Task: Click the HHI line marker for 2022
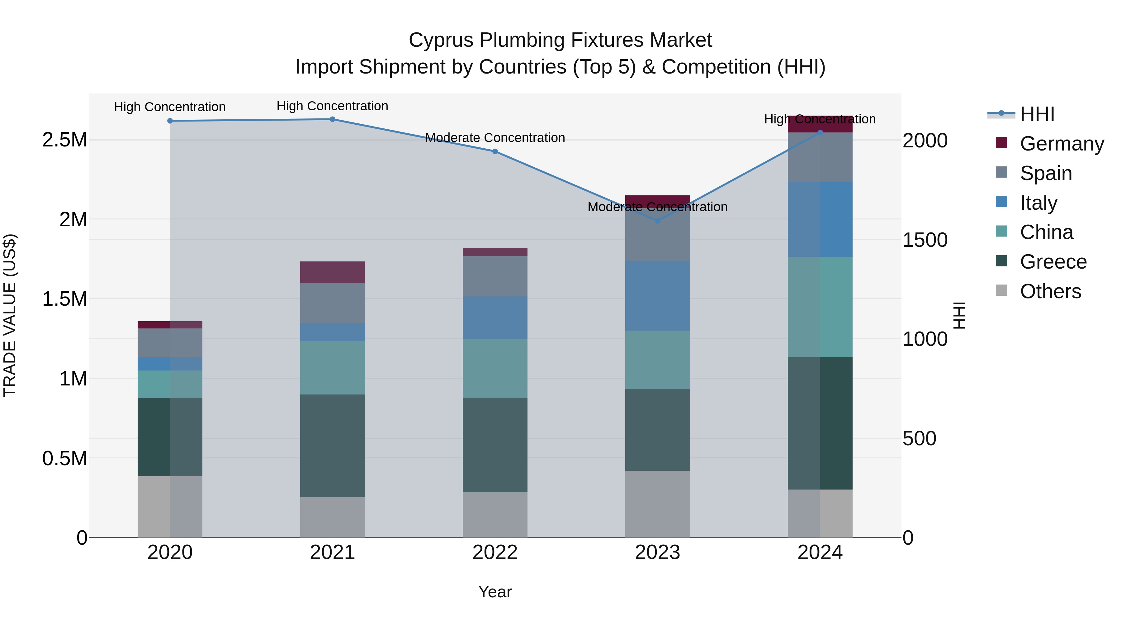495,151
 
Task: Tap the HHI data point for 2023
658,221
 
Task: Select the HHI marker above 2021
333,119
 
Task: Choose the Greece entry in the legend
1053,262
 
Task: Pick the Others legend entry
1050,291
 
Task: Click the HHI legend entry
1037,114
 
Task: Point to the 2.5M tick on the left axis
64,140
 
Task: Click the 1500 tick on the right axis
925,240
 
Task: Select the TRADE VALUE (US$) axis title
10,315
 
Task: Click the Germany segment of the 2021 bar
333,272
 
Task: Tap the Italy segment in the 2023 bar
658,296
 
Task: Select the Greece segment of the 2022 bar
495,445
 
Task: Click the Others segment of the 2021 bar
333,517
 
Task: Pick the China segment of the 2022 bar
495,368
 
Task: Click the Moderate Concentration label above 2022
495,138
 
